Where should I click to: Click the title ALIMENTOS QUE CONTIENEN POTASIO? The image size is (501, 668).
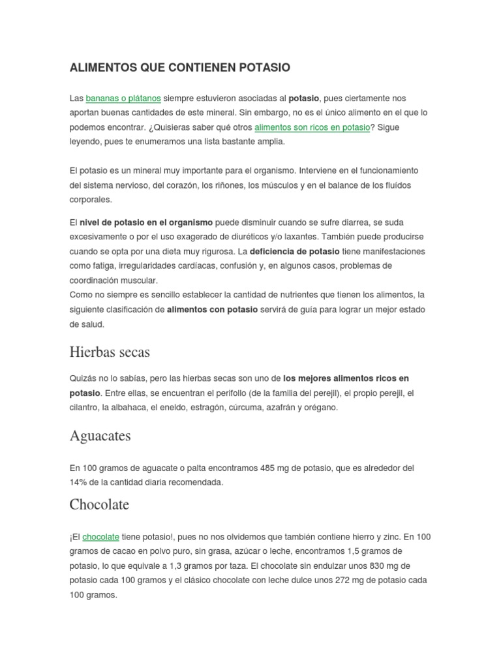(179, 68)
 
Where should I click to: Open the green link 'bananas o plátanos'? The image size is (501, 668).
(123, 99)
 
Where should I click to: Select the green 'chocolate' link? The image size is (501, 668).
(101, 537)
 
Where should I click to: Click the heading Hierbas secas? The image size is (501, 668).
(110, 352)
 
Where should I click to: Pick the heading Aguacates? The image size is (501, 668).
(100, 436)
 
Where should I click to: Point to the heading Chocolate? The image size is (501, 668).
(99, 505)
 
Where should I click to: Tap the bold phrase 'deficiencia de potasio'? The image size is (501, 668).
(295, 251)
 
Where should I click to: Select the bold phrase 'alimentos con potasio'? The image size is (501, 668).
(212, 310)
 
